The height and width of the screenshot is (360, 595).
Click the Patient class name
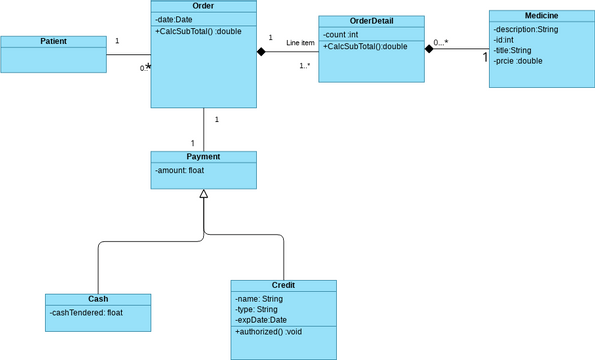pos(54,41)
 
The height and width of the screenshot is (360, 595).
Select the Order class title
pos(204,6)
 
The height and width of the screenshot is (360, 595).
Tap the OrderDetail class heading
pos(371,21)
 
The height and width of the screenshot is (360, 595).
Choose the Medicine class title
pos(541,16)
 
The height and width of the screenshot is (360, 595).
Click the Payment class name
pos(203,157)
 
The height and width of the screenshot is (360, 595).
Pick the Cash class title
pos(98,299)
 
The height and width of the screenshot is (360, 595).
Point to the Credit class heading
pos(283,285)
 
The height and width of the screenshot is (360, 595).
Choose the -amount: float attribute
pos(180,171)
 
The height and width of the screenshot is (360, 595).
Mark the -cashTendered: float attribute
pos(87,312)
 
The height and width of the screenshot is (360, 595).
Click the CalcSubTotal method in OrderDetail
pos(365,46)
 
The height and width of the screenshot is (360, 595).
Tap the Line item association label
pos(300,43)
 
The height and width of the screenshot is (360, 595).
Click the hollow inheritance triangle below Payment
pos(203,195)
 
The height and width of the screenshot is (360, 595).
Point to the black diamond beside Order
pos(262,51)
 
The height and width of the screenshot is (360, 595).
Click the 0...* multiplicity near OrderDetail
pos(440,43)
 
